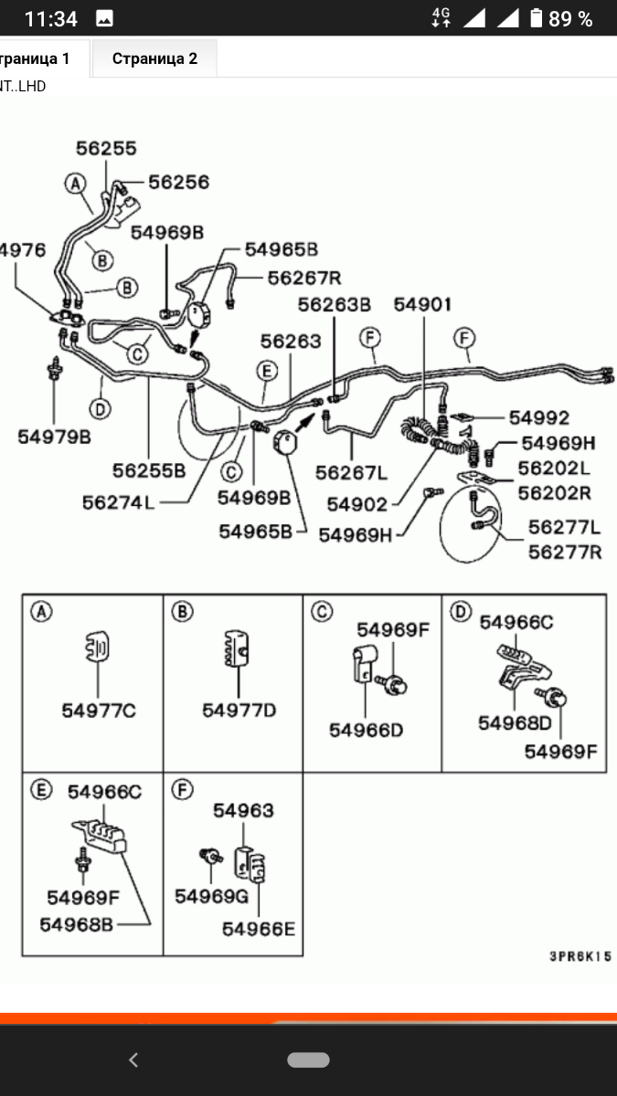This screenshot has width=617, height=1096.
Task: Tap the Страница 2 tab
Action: pos(154,58)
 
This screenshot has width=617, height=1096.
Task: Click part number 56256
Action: pos(178,183)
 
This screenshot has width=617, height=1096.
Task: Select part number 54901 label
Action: pos(422,305)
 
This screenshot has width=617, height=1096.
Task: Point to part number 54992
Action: pos(538,417)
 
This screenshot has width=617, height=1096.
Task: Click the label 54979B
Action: pos(54,437)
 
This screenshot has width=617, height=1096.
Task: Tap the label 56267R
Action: pos(303,278)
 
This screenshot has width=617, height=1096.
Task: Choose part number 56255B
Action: pos(149,471)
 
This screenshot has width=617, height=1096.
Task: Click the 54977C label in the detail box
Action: pos(99,710)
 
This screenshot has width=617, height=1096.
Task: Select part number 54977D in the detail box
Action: pos(239,710)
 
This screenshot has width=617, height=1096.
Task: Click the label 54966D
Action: pos(367,730)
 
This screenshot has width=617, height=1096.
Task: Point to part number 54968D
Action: pos(515,722)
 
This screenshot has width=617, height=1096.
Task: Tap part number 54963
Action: pos(243,810)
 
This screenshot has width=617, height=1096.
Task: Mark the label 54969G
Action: pos(211,896)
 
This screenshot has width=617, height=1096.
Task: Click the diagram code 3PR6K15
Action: pos(580,957)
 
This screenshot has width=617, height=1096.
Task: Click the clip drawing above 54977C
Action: pos(96,648)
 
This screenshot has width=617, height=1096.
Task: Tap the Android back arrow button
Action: pos(133,1059)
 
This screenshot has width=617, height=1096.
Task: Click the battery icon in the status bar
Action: pos(537,18)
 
